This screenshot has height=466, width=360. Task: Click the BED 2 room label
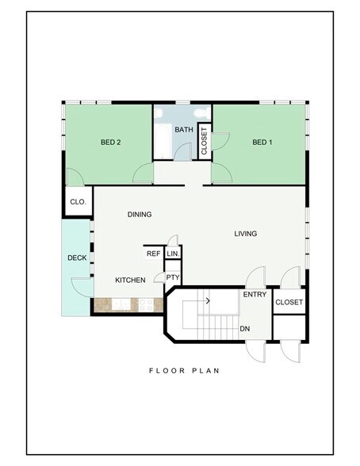coord(110,143)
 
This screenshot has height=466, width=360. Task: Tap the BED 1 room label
coord(262,143)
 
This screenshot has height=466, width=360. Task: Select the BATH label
coord(184,130)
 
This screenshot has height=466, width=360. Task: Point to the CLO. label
coord(78,202)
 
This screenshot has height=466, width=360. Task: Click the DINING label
coord(140,215)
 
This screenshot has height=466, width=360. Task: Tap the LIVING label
coord(246,233)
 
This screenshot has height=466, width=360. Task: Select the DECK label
coord(77,258)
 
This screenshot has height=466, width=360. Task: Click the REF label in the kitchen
coord(153,254)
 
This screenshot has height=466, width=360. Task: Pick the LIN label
coord(172,254)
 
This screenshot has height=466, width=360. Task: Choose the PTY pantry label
coord(172,277)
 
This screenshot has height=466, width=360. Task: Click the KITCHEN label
coord(130,281)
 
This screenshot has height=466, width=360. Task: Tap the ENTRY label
coord(255,295)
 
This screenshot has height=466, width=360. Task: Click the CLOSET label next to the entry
coord(288,302)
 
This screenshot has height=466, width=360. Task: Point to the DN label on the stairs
coord(246,327)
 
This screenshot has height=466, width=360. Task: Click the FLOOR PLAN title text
coord(184,370)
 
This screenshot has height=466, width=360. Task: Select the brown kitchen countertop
coord(127,304)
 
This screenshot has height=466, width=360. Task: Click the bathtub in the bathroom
coord(162,143)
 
